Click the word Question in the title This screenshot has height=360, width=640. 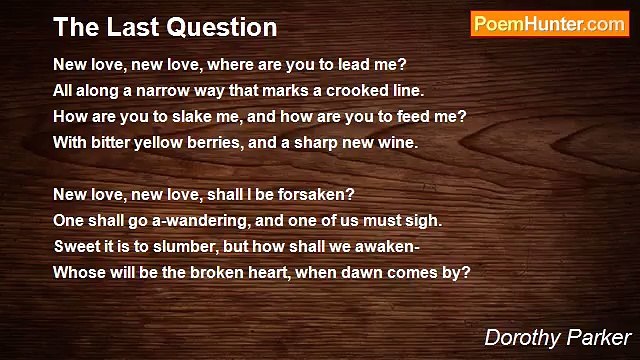click(217, 26)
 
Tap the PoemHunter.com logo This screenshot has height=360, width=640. click(549, 24)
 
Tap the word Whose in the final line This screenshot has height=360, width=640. click(77, 272)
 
